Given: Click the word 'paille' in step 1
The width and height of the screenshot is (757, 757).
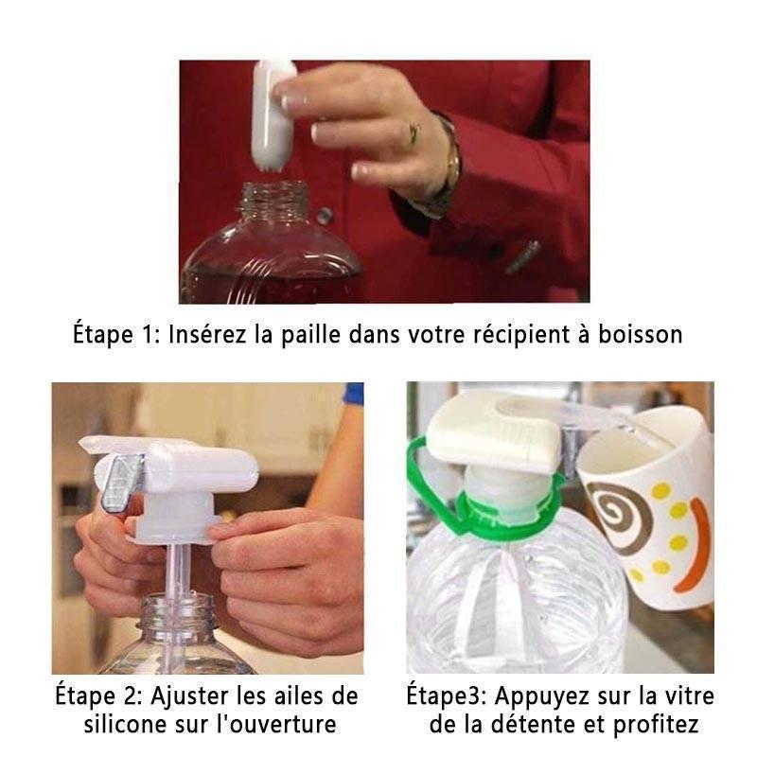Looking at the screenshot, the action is pos(311,335).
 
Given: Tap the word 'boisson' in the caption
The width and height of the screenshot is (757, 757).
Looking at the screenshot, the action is pos(641,334).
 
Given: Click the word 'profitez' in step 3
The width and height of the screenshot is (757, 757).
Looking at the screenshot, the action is pos(656,725).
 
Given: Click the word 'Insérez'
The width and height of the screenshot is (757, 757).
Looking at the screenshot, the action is pos(207,334).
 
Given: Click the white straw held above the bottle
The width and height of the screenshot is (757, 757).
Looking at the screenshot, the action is pos(272,114).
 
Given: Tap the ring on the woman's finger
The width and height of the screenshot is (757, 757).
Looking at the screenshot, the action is pos(414,132).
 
